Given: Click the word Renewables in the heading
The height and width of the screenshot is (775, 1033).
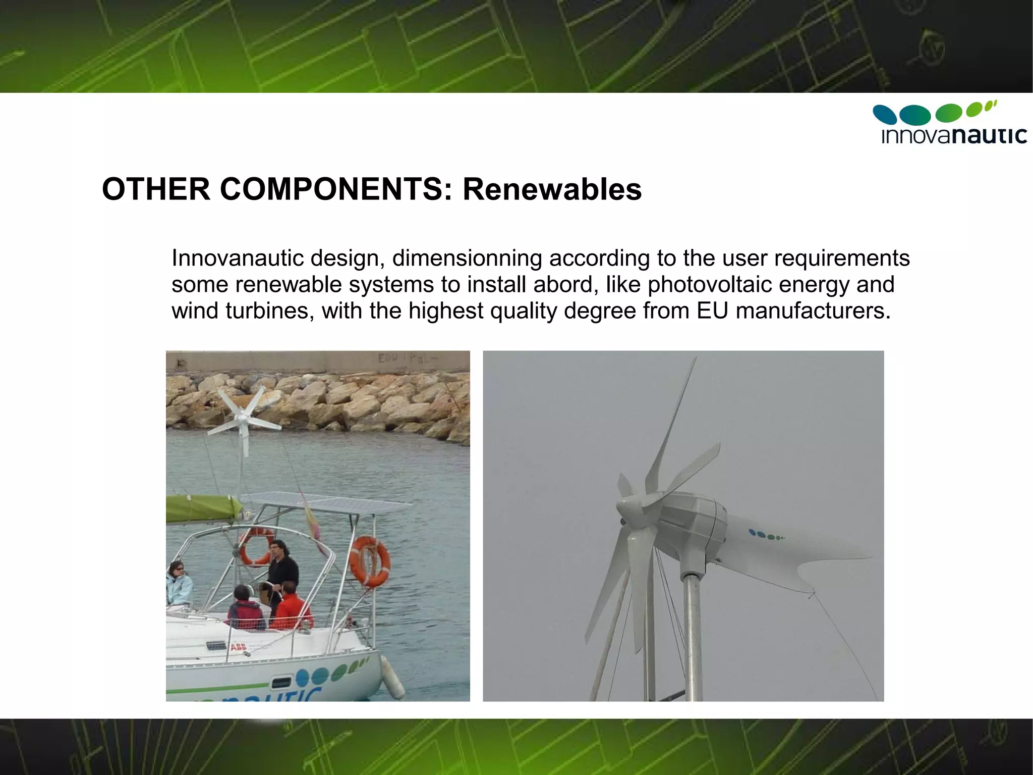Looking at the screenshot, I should click(552, 189).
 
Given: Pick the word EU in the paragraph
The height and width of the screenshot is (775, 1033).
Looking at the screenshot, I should click(712, 311).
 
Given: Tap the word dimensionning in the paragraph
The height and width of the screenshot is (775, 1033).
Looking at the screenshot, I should click(467, 258).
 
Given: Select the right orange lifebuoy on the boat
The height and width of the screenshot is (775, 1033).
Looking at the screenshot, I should click(370, 561).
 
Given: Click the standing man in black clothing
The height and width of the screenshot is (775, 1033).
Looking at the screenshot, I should click(280, 571).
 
